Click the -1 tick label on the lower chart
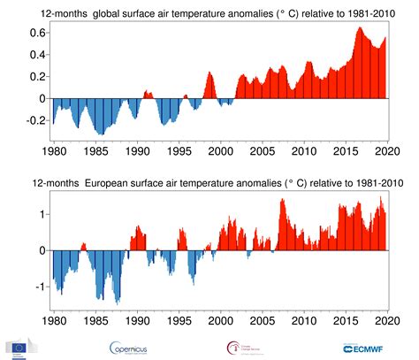coord(37,287)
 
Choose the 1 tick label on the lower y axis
coord(40,214)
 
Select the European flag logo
coord(19,346)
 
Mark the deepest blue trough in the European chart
coord(118,302)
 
